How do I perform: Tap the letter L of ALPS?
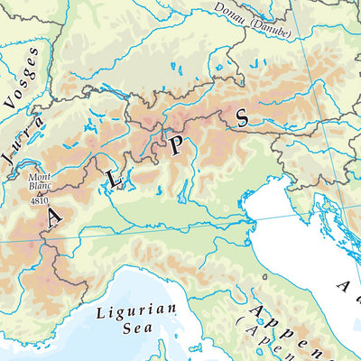point(115,180)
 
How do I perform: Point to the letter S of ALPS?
point(241,117)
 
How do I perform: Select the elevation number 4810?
point(40,199)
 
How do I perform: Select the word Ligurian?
point(127,314)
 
